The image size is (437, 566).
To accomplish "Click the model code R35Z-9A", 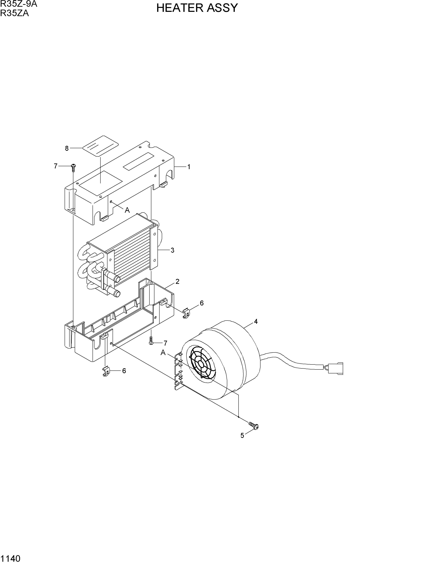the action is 19,4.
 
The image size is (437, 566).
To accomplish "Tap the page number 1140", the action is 10,558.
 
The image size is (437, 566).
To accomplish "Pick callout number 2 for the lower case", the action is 177,281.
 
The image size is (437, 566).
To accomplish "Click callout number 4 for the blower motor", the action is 256,322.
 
